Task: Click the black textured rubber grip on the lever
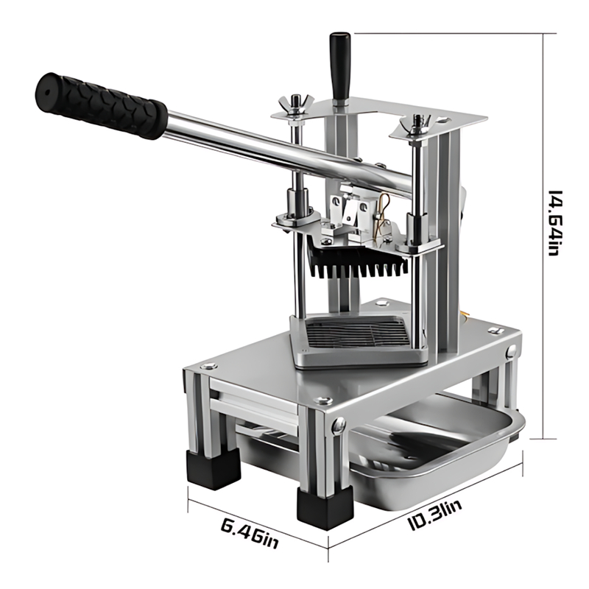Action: tap(101, 105)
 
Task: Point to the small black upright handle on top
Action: tap(340, 66)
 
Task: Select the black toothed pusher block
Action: tap(358, 261)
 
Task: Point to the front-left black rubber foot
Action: tap(213, 469)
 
